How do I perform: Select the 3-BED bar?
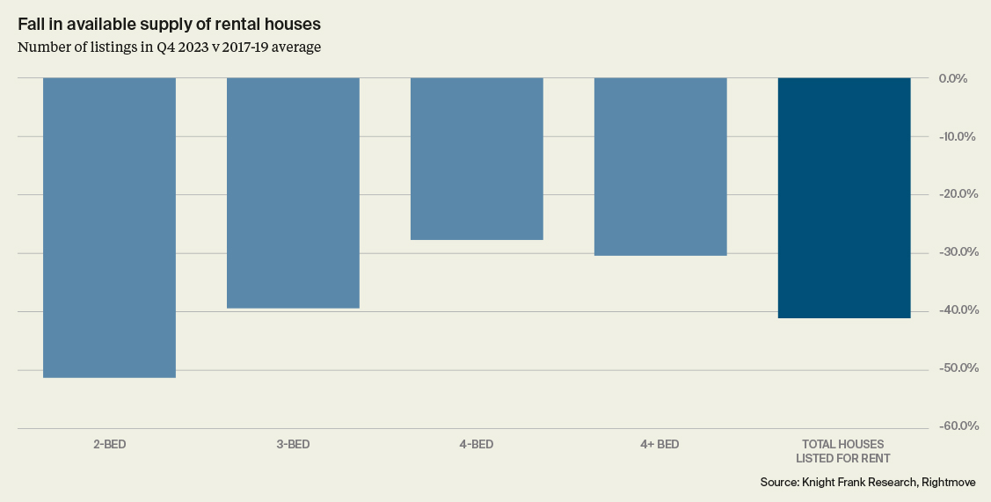pos(293,193)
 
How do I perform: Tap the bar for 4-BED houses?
pos(477,158)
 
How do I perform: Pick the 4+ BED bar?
pos(660,166)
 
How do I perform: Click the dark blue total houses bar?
pos(844,197)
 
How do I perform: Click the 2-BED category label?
pos(109,445)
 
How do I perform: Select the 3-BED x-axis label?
pos(293,445)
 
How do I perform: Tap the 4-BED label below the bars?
pos(477,445)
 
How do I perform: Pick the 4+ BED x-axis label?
pos(659,445)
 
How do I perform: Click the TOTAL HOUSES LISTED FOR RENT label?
pos(843,451)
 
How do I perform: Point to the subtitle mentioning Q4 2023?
pos(169,47)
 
